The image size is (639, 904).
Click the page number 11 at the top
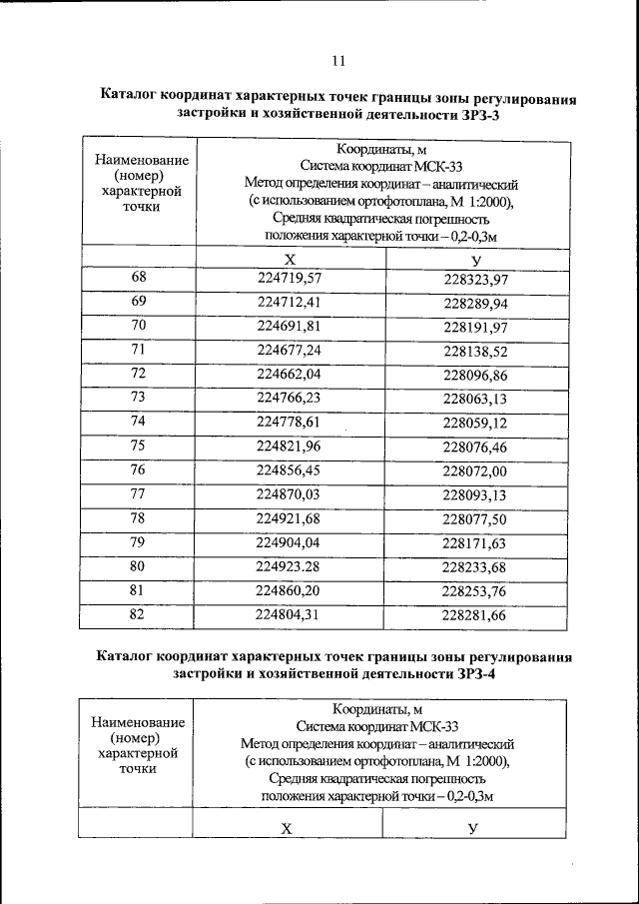[338, 61]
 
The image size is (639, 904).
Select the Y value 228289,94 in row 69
[475, 303]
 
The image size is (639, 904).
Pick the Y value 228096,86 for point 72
[475, 375]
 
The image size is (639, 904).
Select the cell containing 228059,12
[475, 423]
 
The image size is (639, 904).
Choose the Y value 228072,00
[475, 469]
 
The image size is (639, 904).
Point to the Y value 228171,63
[475, 543]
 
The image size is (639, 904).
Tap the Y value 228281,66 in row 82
[475, 615]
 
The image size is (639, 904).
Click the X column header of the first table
[290, 258]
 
